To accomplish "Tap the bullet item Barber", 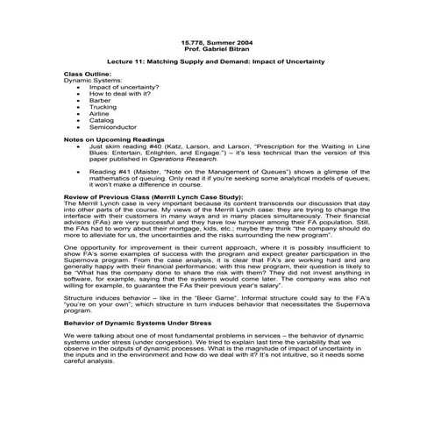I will (x=100, y=100).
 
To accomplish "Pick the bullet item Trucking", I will (x=103, y=107).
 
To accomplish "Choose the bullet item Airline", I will (x=99, y=113).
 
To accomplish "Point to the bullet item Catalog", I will (x=101, y=120).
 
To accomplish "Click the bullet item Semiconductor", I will (x=110, y=126).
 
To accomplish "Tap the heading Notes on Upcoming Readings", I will (x=112, y=139).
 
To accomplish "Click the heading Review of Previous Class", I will (x=112, y=197).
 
